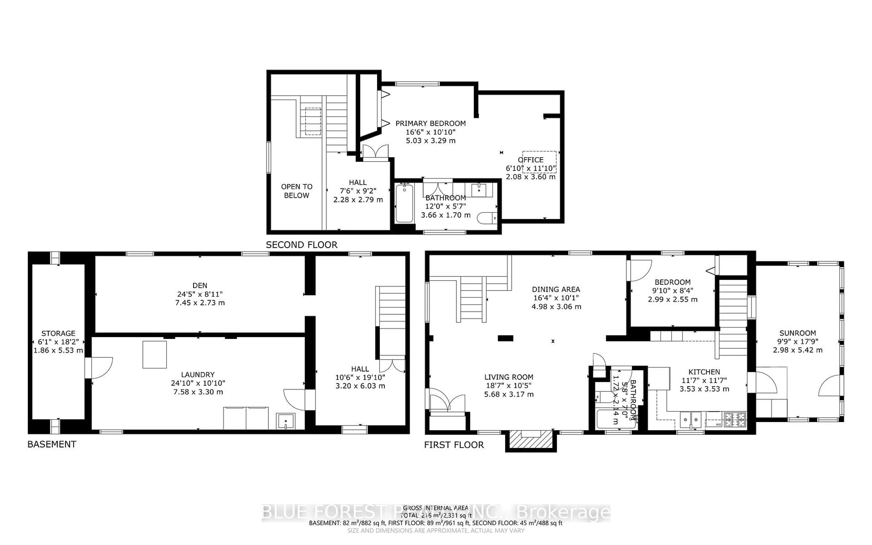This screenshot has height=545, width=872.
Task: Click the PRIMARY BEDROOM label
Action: pyautogui.click(x=430, y=123)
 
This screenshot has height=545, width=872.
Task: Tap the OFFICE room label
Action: pyautogui.click(x=530, y=160)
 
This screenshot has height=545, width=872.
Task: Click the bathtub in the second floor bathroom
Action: pyautogui.click(x=404, y=204)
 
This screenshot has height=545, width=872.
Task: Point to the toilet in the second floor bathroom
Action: pyautogui.click(x=486, y=218)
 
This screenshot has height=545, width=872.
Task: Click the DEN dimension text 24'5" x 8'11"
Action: pyautogui.click(x=200, y=294)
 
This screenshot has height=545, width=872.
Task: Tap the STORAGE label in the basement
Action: pyautogui.click(x=58, y=333)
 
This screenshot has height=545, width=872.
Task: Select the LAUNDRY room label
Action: pyautogui.click(x=198, y=374)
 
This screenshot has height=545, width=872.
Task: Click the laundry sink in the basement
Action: pyautogui.click(x=285, y=421)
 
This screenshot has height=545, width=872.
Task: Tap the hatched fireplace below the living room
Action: pyautogui.click(x=531, y=440)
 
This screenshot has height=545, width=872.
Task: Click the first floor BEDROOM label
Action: pyautogui.click(x=672, y=282)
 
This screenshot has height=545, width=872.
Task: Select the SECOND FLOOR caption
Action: pyautogui.click(x=302, y=245)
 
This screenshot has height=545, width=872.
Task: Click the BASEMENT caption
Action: pyautogui.click(x=52, y=444)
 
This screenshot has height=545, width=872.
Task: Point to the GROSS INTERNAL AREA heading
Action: pyautogui.click(x=436, y=508)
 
